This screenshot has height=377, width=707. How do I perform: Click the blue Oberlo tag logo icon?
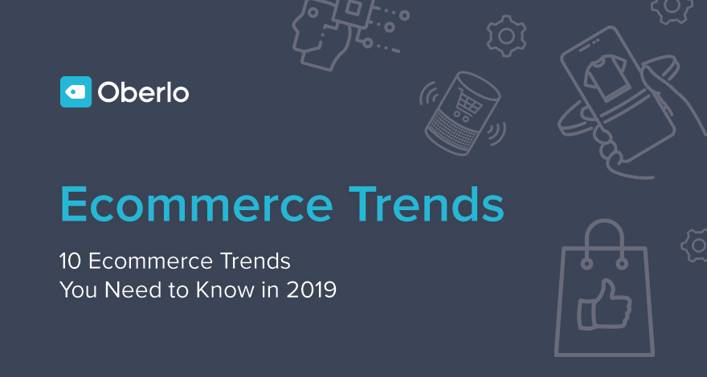(76, 92)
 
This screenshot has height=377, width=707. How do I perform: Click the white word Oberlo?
(143, 93)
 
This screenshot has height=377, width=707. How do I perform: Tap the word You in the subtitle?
(79, 290)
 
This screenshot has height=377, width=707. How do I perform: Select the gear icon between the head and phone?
(506, 35)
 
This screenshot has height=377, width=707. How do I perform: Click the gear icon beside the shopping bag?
(695, 245)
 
